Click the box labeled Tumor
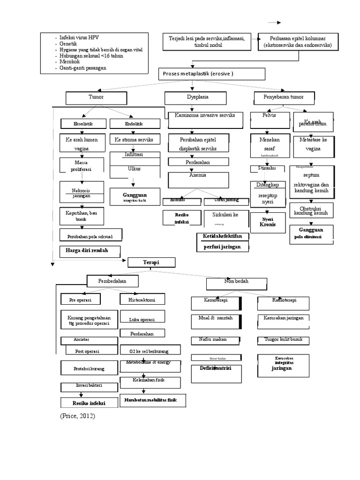point(96,97)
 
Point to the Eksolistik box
point(83,124)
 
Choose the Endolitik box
point(133,124)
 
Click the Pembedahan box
point(112,281)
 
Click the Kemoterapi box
point(215,303)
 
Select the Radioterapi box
point(284,303)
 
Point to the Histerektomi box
point(142,300)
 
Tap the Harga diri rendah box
point(90,250)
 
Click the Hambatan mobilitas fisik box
point(152,401)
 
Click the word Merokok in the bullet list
point(69,61)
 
